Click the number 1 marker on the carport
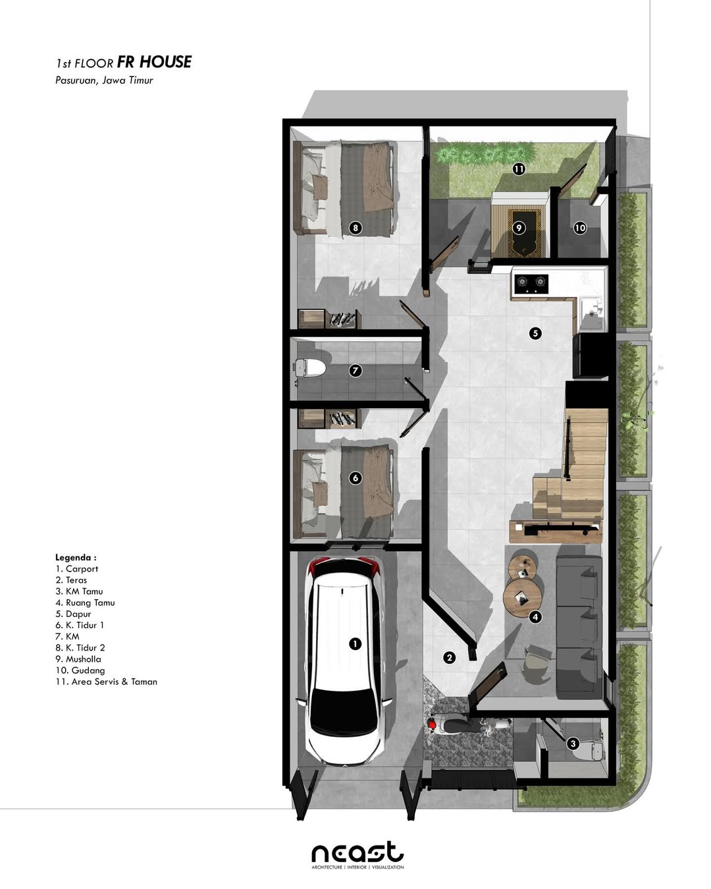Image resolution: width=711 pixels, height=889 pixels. [355, 643]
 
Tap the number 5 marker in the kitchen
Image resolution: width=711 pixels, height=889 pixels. [535, 333]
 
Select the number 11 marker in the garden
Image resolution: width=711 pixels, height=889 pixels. [519, 169]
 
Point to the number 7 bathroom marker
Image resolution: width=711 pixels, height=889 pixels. [355, 371]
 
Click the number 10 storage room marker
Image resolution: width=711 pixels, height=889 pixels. [579, 228]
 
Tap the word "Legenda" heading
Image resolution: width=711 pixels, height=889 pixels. [76, 558]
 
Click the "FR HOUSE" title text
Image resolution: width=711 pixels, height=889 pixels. [154, 62]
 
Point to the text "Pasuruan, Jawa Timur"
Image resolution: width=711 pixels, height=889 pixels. [104, 80]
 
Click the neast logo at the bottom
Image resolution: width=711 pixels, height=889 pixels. [357, 853]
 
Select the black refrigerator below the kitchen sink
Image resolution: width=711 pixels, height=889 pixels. [590, 356]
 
